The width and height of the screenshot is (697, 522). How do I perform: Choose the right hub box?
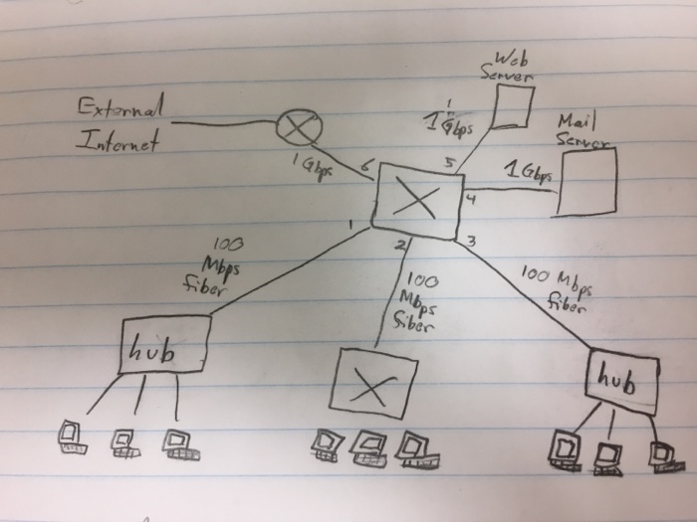click(x=622, y=379)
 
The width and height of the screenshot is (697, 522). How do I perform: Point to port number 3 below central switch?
click(x=470, y=241)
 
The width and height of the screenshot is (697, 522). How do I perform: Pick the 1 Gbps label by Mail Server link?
click(x=527, y=172)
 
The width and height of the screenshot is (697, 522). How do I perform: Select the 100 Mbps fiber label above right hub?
click(x=556, y=288)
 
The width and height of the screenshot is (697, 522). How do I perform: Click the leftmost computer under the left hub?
click(x=71, y=436)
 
